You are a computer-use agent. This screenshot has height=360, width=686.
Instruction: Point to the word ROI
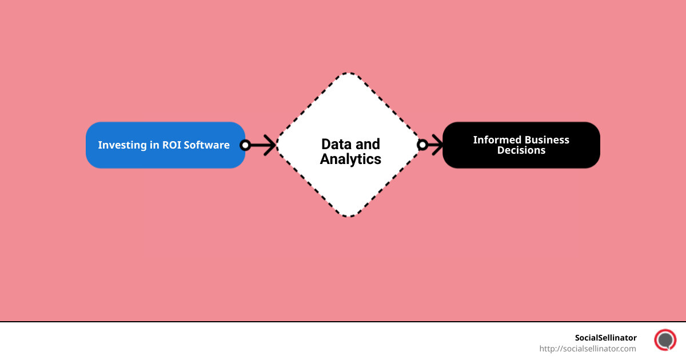tap(170, 145)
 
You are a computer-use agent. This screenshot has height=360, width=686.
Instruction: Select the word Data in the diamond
tap(334, 144)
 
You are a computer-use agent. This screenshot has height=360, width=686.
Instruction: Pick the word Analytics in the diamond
tap(350, 159)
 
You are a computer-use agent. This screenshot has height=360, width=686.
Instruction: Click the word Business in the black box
tap(547, 140)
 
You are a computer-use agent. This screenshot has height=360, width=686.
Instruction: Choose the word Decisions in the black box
tap(521, 150)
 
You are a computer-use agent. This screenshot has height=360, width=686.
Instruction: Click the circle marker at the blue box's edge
tap(245, 145)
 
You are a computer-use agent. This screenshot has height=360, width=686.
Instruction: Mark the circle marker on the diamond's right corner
tap(422, 145)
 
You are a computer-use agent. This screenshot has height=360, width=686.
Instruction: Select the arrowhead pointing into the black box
tap(437, 145)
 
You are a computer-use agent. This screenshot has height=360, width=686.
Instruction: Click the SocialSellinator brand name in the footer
tap(605, 338)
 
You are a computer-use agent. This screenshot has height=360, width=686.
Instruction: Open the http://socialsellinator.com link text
tap(588, 349)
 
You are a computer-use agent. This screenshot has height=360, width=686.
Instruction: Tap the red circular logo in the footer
tap(665, 340)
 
